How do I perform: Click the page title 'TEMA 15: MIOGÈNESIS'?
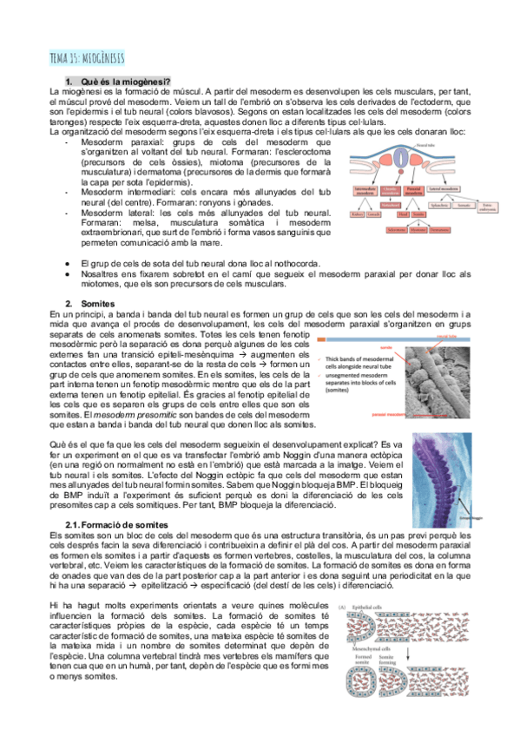click(x=87, y=57)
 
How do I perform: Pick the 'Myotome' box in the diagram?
click(x=419, y=230)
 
